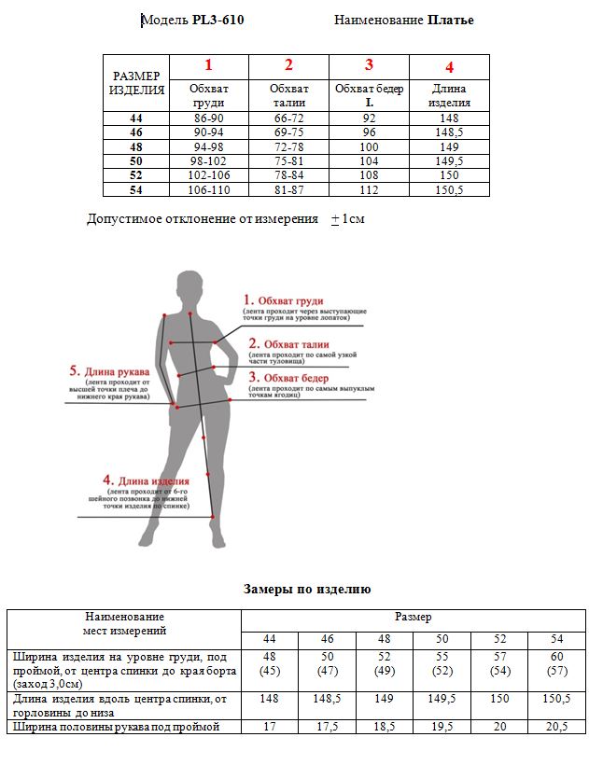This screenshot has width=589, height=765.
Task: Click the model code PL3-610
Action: [217, 20]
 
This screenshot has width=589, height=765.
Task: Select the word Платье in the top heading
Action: [451, 20]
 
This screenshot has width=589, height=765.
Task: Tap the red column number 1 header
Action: [208, 65]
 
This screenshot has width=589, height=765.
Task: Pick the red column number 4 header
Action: [449, 67]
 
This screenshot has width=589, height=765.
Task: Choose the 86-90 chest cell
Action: [208, 118]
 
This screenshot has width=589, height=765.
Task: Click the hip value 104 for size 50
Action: [369, 161]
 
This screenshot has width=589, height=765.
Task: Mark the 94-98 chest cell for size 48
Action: [208, 147]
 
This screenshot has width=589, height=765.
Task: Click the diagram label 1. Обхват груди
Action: [284, 301]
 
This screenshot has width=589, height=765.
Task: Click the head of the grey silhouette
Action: [189, 285]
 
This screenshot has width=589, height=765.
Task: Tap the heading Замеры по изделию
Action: [307, 590]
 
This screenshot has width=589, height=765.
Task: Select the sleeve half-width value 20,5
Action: [557, 728]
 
